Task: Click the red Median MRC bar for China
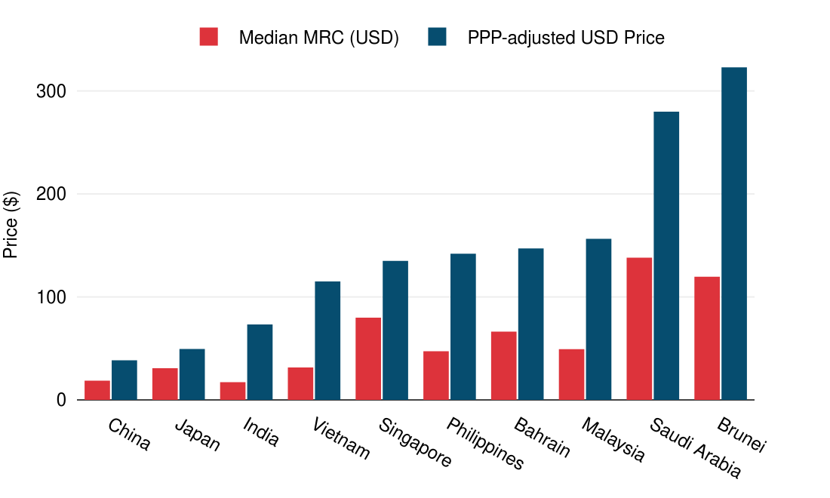point(97,390)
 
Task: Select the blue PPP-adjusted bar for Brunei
point(734,234)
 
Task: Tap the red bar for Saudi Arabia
point(639,329)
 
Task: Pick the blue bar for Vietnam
point(327,340)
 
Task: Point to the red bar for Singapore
point(368,358)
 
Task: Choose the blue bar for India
point(260,362)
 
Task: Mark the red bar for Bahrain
point(503,366)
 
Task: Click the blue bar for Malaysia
point(598,319)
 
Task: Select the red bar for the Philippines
point(436,375)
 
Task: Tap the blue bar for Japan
point(192,374)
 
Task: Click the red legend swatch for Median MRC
point(209,37)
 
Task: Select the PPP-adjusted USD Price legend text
point(566,38)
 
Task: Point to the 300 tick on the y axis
point(51,91)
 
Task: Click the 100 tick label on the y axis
point(51,297)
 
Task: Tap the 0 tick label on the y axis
point(61,400)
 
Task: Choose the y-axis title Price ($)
point(11,225)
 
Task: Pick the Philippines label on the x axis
point(485,444)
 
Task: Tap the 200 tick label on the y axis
point(51,194)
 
